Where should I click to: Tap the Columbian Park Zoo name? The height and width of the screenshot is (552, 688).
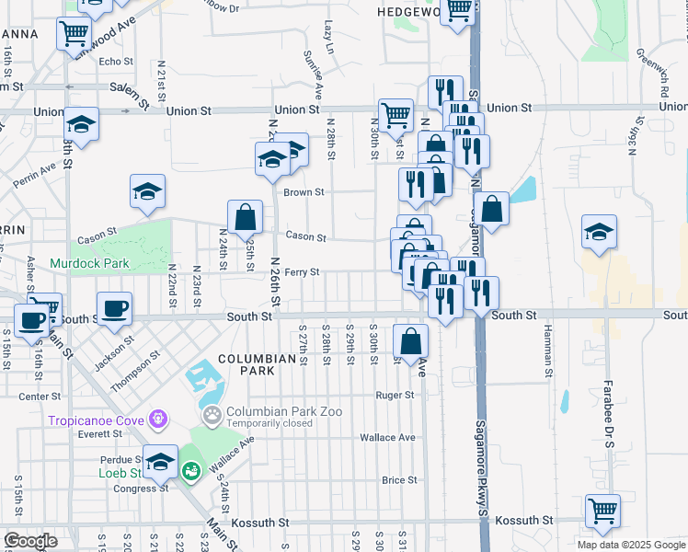pyautogui.click(x=284, y=411)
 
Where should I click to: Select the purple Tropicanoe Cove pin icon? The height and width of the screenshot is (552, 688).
pyautogui.click(x=160, y=420)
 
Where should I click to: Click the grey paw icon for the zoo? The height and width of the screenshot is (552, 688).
pyautogui.click(x=212, y=416)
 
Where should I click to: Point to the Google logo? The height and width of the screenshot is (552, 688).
pyautogui.click(x=30, y=541)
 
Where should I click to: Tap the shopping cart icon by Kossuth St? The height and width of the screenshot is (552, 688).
pyautogui.click(x=602, y=511)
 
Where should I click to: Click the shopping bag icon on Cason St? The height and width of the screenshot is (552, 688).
pyautogui.click(x=245, y=218)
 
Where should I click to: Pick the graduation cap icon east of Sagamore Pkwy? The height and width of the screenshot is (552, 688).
pyautogui.click(x=599, y=232)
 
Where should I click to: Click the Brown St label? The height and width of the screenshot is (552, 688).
pyautogui.click(x=304, y=192)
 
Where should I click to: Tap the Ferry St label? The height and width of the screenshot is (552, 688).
pyautogui.click(x=302, y=272)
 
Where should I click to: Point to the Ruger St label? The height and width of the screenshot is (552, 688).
pyautogui.click(x=396, y=396)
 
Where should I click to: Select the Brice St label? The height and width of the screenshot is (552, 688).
pyautogui.click(x=399, y=480)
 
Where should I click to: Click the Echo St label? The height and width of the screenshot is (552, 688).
pyautogui.click(x=116, y=62)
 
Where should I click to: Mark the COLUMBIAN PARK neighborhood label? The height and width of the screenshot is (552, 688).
pyautogui.click(x=246, y=363)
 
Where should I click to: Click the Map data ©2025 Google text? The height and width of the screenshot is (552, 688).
pyautogui.click(x=631, y=545)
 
